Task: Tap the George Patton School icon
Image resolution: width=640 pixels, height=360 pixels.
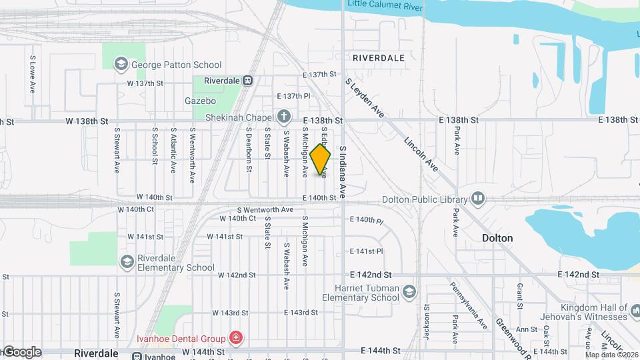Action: (121, 65)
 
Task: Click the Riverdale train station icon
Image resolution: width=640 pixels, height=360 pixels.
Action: (247, 80)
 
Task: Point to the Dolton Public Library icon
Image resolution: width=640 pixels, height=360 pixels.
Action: (477, 199)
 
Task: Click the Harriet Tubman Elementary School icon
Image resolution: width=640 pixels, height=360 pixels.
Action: (409, 291)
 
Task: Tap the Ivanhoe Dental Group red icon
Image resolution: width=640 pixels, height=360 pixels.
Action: (235, 338)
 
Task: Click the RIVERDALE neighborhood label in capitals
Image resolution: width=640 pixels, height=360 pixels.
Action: (378, 58)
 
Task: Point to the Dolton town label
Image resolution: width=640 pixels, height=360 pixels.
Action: (497, 238)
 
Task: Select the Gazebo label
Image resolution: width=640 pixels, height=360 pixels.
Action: (200, 101)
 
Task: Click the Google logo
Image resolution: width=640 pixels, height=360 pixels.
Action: (21, 352)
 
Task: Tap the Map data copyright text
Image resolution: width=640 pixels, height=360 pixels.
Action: (611, 355)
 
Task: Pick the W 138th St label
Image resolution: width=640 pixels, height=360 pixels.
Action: (87, 121)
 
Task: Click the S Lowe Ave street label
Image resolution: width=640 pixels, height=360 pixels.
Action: (32, 74)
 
